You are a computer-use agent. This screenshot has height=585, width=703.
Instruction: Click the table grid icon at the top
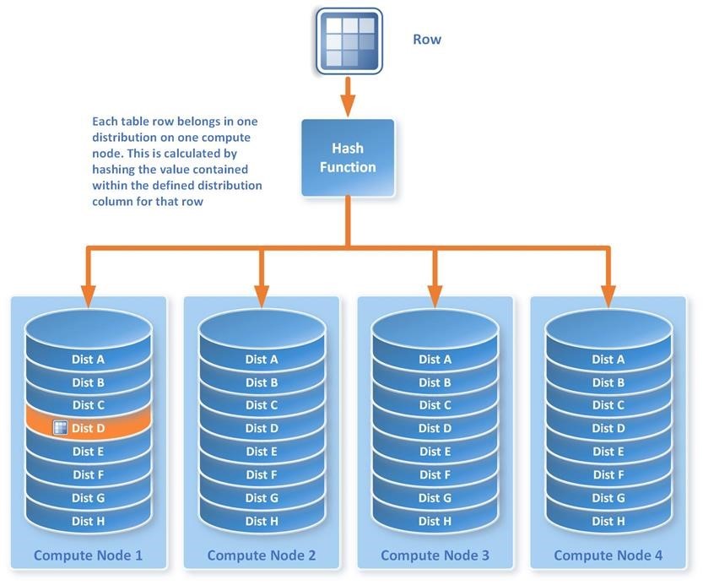tap(349, 40)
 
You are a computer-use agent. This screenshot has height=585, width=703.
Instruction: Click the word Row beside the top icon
tap(427, 39)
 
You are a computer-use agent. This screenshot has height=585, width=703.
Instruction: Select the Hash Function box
tap(348, 158)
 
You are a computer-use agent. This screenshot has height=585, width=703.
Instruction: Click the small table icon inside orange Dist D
tap(60, 428)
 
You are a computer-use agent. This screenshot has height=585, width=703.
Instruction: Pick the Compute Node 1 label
tap(88, 555)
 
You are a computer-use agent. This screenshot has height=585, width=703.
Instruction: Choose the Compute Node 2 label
tap(262, 555)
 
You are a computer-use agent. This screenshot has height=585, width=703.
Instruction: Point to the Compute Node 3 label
tap(435, 555)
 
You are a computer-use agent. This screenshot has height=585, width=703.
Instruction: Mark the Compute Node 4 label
tap(608, 555)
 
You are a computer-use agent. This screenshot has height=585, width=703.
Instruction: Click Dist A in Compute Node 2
tap(262, 360)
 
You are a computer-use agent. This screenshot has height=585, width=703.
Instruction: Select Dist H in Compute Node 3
tap(435, 522)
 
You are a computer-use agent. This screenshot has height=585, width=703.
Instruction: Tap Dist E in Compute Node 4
tap(608, 452)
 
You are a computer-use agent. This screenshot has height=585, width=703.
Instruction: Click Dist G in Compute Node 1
tap(88, 498)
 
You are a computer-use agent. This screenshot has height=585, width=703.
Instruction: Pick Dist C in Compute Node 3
tap(435, 405)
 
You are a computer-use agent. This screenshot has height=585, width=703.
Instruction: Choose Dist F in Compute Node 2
tap(262, 475)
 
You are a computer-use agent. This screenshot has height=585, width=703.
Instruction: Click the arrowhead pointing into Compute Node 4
tap(608, 296)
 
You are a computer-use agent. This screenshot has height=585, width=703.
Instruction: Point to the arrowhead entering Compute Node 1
tap(88, 296)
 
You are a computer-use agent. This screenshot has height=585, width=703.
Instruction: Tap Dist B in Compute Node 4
tap(608, 382)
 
